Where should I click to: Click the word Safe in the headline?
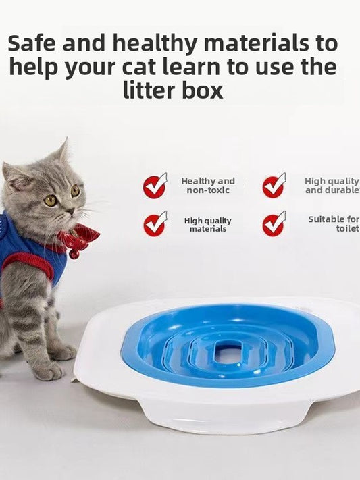tap(32, 44)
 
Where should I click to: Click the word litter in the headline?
tap(148, 90)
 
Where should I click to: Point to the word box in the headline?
tap(201, 90)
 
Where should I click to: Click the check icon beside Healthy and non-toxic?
tap(155, 186)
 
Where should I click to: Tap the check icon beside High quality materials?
tap(155, 224)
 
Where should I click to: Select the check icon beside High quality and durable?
tap(274, 186)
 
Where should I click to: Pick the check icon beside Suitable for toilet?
tap(274, 224)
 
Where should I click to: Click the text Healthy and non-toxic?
tap(208, 186)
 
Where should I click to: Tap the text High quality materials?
tap(208, 225)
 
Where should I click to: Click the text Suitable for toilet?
tap(334, 224)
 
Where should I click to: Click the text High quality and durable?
tap(332, 186)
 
